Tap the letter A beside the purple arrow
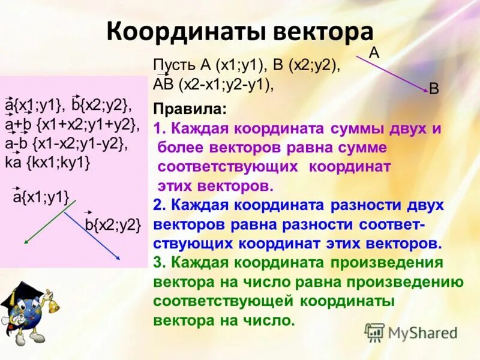point(374,53)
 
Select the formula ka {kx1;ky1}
point(48,162)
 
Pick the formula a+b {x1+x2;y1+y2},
point(72,125)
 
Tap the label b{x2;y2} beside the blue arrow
point(113,225)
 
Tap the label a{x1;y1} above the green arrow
point(41,196)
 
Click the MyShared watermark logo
point(411,332)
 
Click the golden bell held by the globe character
point(53,306)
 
